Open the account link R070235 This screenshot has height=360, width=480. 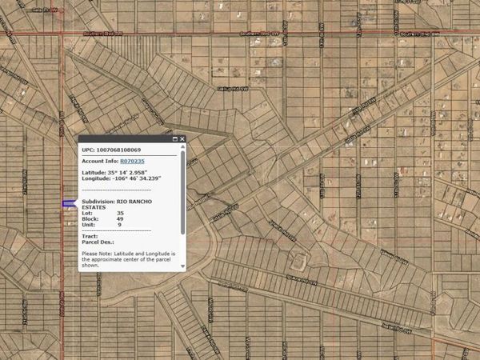pos(132,161)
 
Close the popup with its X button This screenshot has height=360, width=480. pos(182,139)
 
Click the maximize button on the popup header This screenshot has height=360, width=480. pos(175,139)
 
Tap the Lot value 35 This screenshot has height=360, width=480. pos(119,212)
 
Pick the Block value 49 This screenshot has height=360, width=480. pos(119,218)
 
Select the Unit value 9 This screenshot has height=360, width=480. pos(118,224)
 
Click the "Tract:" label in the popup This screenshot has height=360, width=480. pos(90,236)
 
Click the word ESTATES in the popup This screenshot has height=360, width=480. pos(95,206)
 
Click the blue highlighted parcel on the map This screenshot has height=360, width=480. pos(69,204)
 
